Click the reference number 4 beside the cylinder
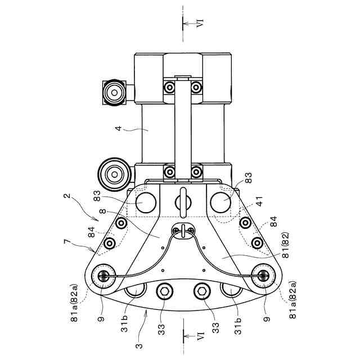[x=118, y=128]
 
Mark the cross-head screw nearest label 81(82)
[x=263, y=276]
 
